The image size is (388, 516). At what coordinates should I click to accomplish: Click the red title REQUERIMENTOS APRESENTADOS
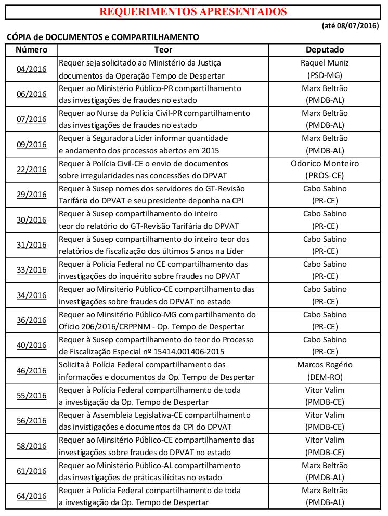pyautogui.click(x=193, y=11)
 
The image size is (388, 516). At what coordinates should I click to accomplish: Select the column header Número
pyautogui.click(x=31, y=50)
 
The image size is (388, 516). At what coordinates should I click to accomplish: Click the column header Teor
pyautogui.click(x=163, y=50)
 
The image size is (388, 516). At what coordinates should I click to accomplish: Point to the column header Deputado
pyautogui.click(x=325, y=50)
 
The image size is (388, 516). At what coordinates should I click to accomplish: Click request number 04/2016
pyautogui.click(x=31, y=69)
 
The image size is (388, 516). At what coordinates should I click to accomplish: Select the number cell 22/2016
pyautogui.click(x=31, y=169)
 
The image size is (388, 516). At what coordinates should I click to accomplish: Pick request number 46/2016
pyautogui.click(x=31, y=370)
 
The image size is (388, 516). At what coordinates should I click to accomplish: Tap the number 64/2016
pyautogui.click(x=31, y=496)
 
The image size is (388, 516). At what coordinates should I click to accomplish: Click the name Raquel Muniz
pyautogui.click(x=325, y=63)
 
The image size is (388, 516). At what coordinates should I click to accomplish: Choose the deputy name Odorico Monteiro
pyautogui.click(x=325, y=163)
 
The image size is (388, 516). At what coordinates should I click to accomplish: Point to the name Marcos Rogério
pyautogui.click(x=325, y=365)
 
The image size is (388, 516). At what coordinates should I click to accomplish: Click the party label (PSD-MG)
pyautogui.click(x=325, y=75)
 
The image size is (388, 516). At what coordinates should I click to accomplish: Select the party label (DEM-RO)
pyautogui.click(x=325, y=377)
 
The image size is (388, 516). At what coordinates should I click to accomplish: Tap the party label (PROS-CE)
pyautogui.click(x=325, y=175)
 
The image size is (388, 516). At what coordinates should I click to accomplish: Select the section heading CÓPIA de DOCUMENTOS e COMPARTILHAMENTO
pyautogui.click(x=102, y=37)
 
